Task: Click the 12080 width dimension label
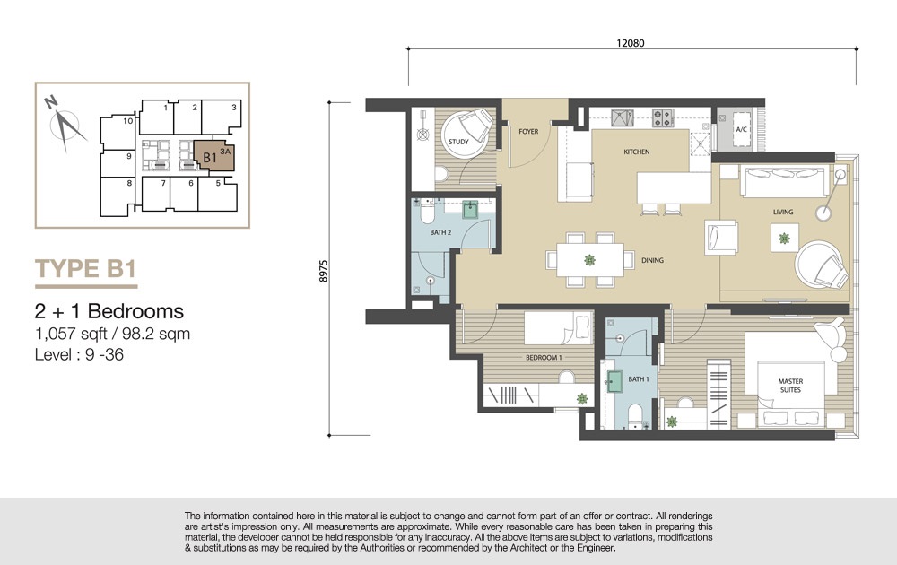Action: tap(631, 43)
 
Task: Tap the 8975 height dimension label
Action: tap(323, 271)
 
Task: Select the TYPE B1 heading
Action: tap(86, 268)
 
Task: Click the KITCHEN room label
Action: tap(637, 152)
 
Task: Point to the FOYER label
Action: tap(528, 132)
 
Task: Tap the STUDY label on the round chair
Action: tap(458, 142)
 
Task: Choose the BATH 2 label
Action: tap(440, 232)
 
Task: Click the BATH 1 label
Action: tap(639, 379)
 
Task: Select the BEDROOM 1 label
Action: tap(544, 358)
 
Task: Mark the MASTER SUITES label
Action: tap(790, 386)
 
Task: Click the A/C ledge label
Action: tap(741, 130)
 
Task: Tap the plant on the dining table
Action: tap(590, 260)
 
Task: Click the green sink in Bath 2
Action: tap(470, 210)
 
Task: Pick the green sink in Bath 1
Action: tap(614, 381)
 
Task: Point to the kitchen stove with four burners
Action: tap(663, 117)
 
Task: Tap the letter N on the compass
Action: tap(51, 102)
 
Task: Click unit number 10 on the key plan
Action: tap(128, 121)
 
